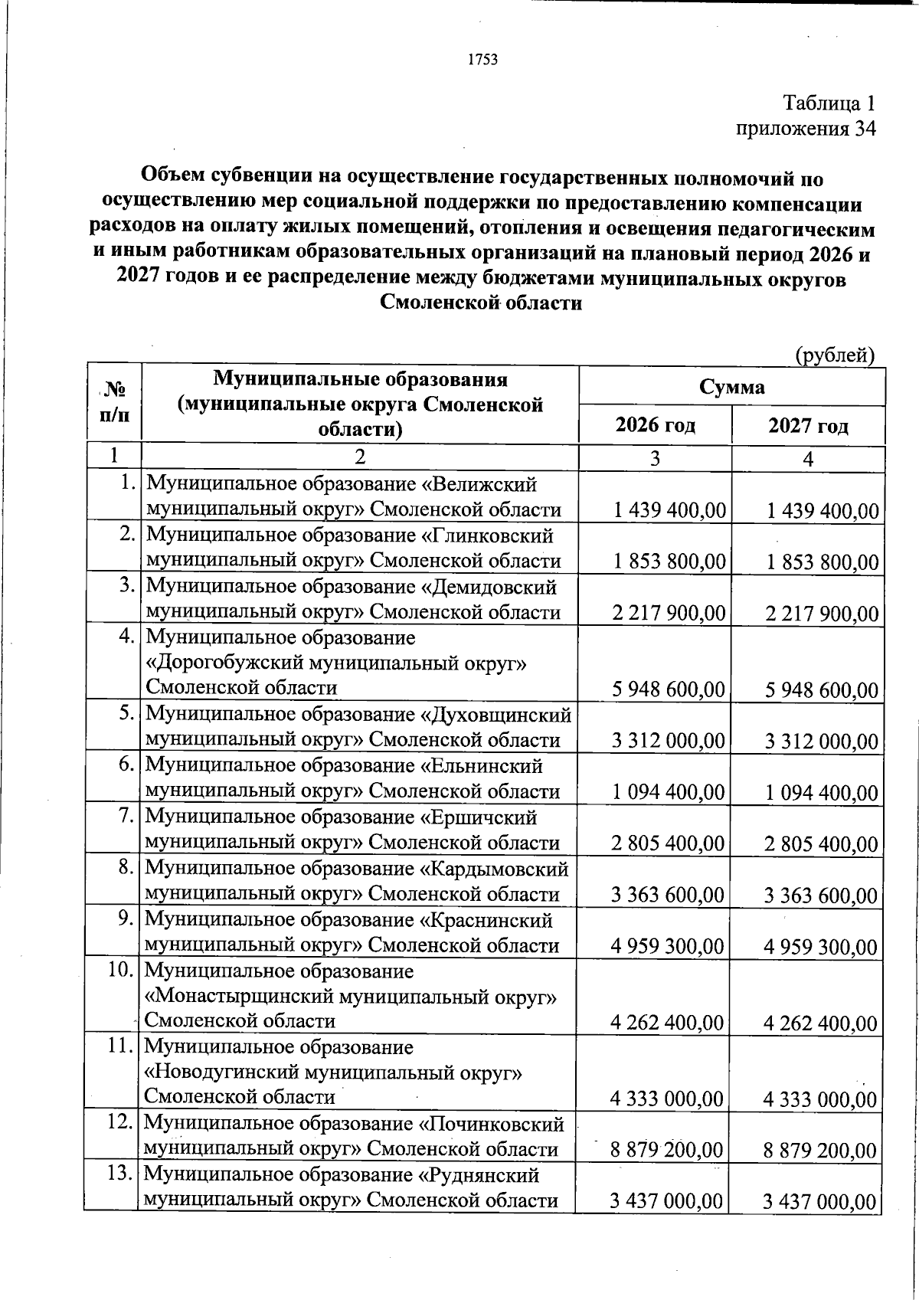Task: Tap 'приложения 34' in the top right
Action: click(805, 128)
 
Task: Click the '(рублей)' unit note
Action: click(834, 355)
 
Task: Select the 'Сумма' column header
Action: click(731, 386)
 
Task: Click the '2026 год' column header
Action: click(655, 425)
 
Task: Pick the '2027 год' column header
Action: click(808, 425)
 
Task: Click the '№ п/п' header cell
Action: click(114, 403)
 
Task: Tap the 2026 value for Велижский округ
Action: click(669, 510)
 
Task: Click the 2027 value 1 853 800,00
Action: click(823, 563)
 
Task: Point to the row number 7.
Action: click(127, 817)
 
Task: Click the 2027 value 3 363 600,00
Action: click(822, 896)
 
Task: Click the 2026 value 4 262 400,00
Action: click(667, 1022)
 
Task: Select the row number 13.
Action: click(121, 1174)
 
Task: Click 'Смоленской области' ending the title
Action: click(481, 303)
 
